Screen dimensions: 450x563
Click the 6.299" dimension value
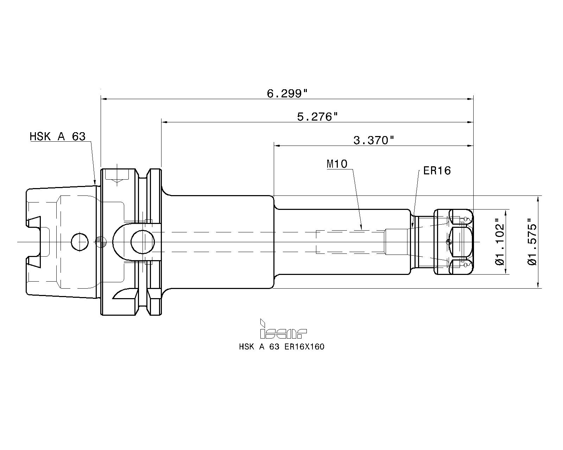click(287, 94)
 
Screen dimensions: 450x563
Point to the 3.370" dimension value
click(373, 140)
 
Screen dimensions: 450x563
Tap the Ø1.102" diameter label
click(500, 242)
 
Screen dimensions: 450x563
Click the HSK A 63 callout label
click(57, 136)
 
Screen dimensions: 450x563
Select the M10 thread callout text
click(337, 163)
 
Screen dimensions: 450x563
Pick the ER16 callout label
click(437, 171)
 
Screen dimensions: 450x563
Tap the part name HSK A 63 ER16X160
click(281, 347)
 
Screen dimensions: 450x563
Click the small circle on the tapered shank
click(80, 242)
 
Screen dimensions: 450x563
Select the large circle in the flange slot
click(143, 242)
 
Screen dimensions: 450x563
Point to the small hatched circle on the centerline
click(101, 242)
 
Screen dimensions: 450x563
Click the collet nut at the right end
click(454, 242)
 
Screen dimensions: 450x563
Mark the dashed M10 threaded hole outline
click(350, 242)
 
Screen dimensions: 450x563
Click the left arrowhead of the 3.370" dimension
click(277, 145)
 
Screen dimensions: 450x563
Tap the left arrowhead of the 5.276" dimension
click(164, 122)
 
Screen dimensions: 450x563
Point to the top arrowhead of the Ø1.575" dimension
click(539, 199)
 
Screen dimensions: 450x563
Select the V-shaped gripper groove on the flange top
click(143, 174)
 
